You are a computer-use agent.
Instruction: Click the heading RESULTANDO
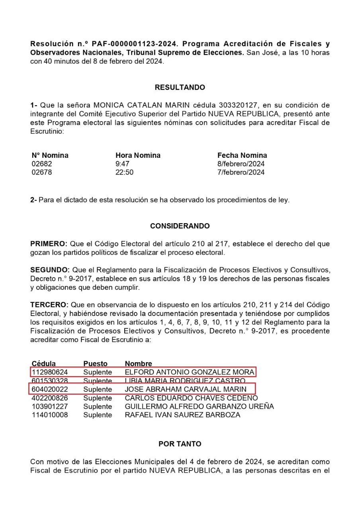[180, 88]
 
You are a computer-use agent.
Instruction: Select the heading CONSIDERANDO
[180, 226]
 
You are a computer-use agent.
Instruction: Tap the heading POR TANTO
[180, 444]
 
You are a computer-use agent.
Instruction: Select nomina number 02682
[42, 164]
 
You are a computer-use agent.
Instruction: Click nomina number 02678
[42, 173]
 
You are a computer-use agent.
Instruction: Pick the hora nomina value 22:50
[124, 173]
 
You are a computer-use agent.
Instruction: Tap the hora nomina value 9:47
[122, 164]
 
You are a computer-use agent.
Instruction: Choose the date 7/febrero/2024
[241, 173]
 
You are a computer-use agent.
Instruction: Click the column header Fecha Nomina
[242, 155]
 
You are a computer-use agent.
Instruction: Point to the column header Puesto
[96, 363]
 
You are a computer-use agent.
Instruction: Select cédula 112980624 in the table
[50, 372]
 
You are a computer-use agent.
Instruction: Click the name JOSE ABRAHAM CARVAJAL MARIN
[186, 389]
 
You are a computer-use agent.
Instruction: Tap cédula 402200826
[50, 398]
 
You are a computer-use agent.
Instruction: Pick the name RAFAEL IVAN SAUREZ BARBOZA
[182, 415]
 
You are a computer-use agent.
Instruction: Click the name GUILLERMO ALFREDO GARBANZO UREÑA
[199, 406]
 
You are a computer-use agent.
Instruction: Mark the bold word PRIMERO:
[49, 244]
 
